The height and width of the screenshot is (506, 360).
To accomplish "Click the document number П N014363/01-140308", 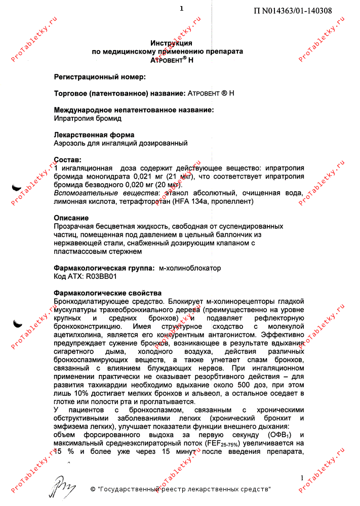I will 293,11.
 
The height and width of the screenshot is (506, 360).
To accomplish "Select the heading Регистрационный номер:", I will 99,77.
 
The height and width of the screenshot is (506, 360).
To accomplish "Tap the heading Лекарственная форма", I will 94,135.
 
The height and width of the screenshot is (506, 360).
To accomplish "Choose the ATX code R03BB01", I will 101,276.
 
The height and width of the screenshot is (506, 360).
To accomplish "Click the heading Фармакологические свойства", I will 108,293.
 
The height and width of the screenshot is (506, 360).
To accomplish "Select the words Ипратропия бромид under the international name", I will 88,118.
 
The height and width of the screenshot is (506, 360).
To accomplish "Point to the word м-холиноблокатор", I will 190,268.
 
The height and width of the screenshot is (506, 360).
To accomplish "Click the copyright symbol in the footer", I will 93,489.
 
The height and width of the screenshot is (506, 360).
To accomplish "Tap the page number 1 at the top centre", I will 181,8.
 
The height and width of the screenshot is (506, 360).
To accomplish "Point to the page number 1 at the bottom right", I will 302,478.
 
